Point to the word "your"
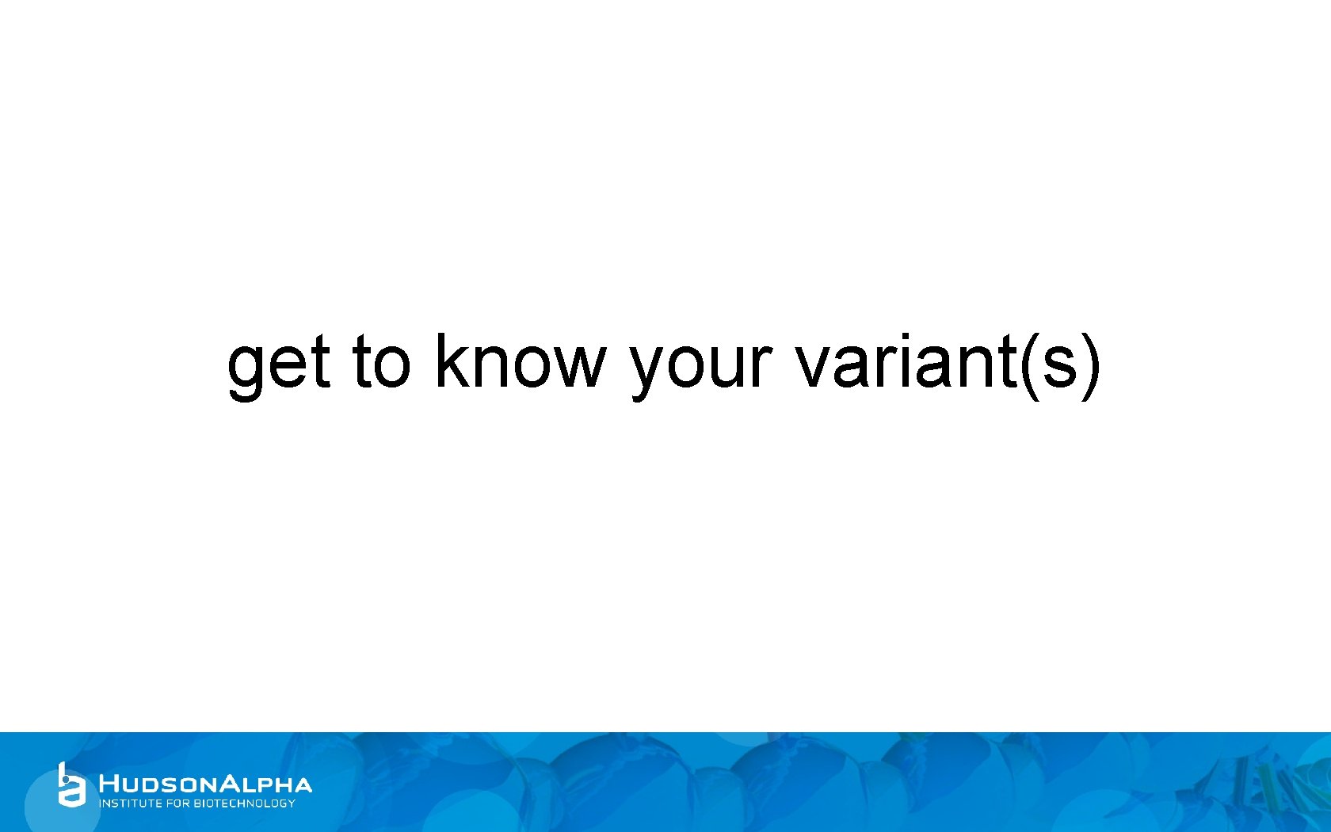[701, 364]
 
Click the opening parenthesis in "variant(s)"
[1028, 364]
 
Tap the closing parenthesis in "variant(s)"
[1091, 364]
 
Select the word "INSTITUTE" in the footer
[130, 803]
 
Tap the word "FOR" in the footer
[178, 803]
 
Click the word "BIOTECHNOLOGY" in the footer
[245, 803]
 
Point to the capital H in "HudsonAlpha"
[109, 784]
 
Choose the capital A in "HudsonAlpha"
[228, 784]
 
